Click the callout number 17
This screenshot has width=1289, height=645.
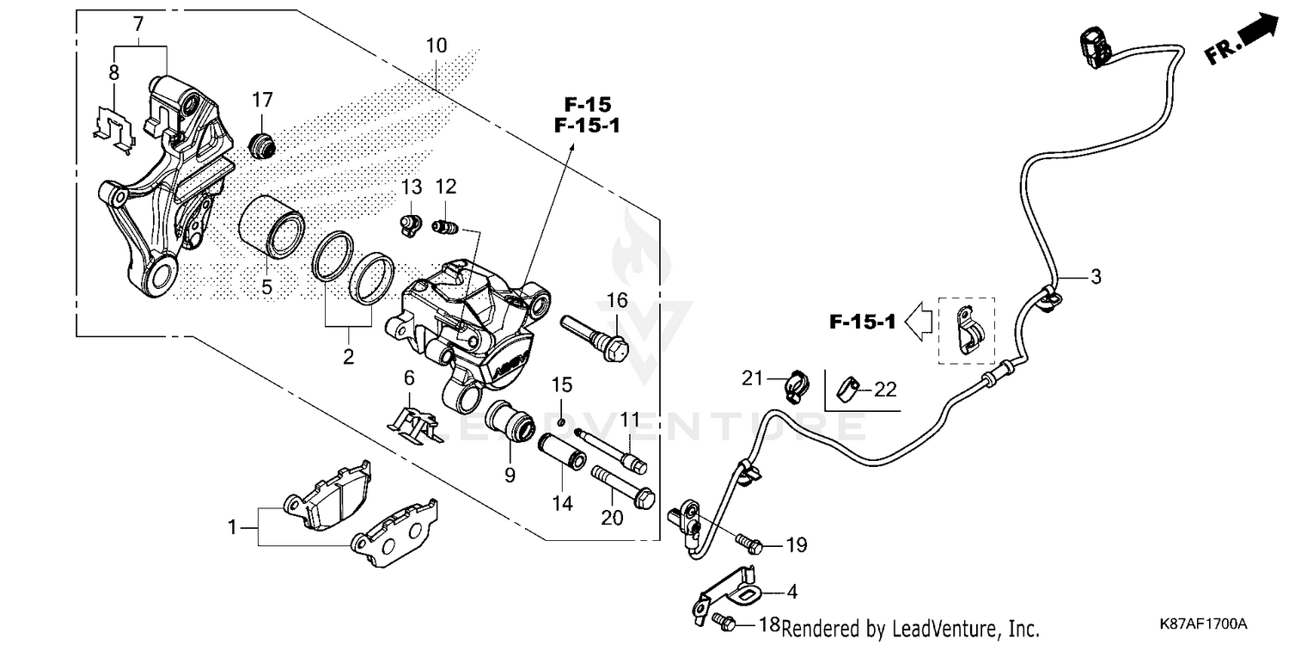[262, 100]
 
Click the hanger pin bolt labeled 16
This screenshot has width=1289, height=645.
[596, 336]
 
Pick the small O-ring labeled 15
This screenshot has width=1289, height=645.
[560, 421]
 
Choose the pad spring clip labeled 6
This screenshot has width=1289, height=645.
[416, 422]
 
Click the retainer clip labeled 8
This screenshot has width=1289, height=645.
[113, 127]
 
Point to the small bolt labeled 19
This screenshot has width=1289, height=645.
[748, 544]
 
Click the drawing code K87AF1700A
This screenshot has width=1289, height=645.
[1201, 623]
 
